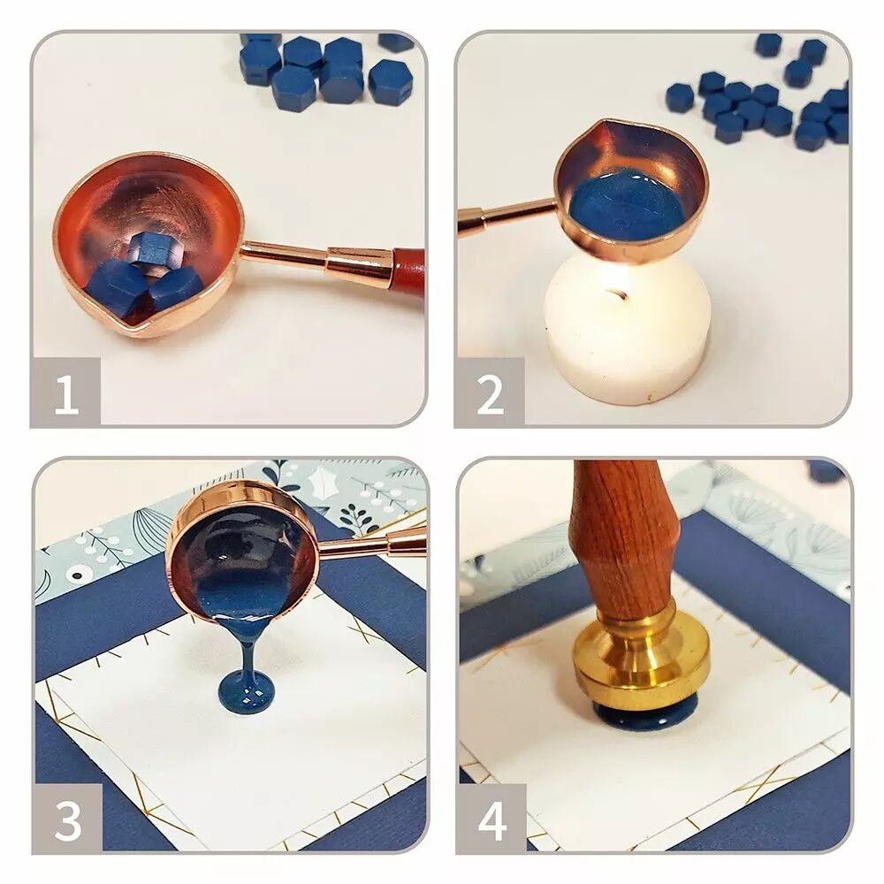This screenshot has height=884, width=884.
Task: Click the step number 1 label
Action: (x=66, y=394)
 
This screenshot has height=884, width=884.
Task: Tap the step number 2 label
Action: (x=490, y=394)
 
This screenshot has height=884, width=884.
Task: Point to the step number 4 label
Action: (x=492, y=820)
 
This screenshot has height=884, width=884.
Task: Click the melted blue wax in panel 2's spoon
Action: (x=626, y=206)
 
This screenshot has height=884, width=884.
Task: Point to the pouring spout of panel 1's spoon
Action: (x=137, y=325)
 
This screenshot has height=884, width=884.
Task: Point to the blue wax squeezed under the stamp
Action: (x=644, y=716)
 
